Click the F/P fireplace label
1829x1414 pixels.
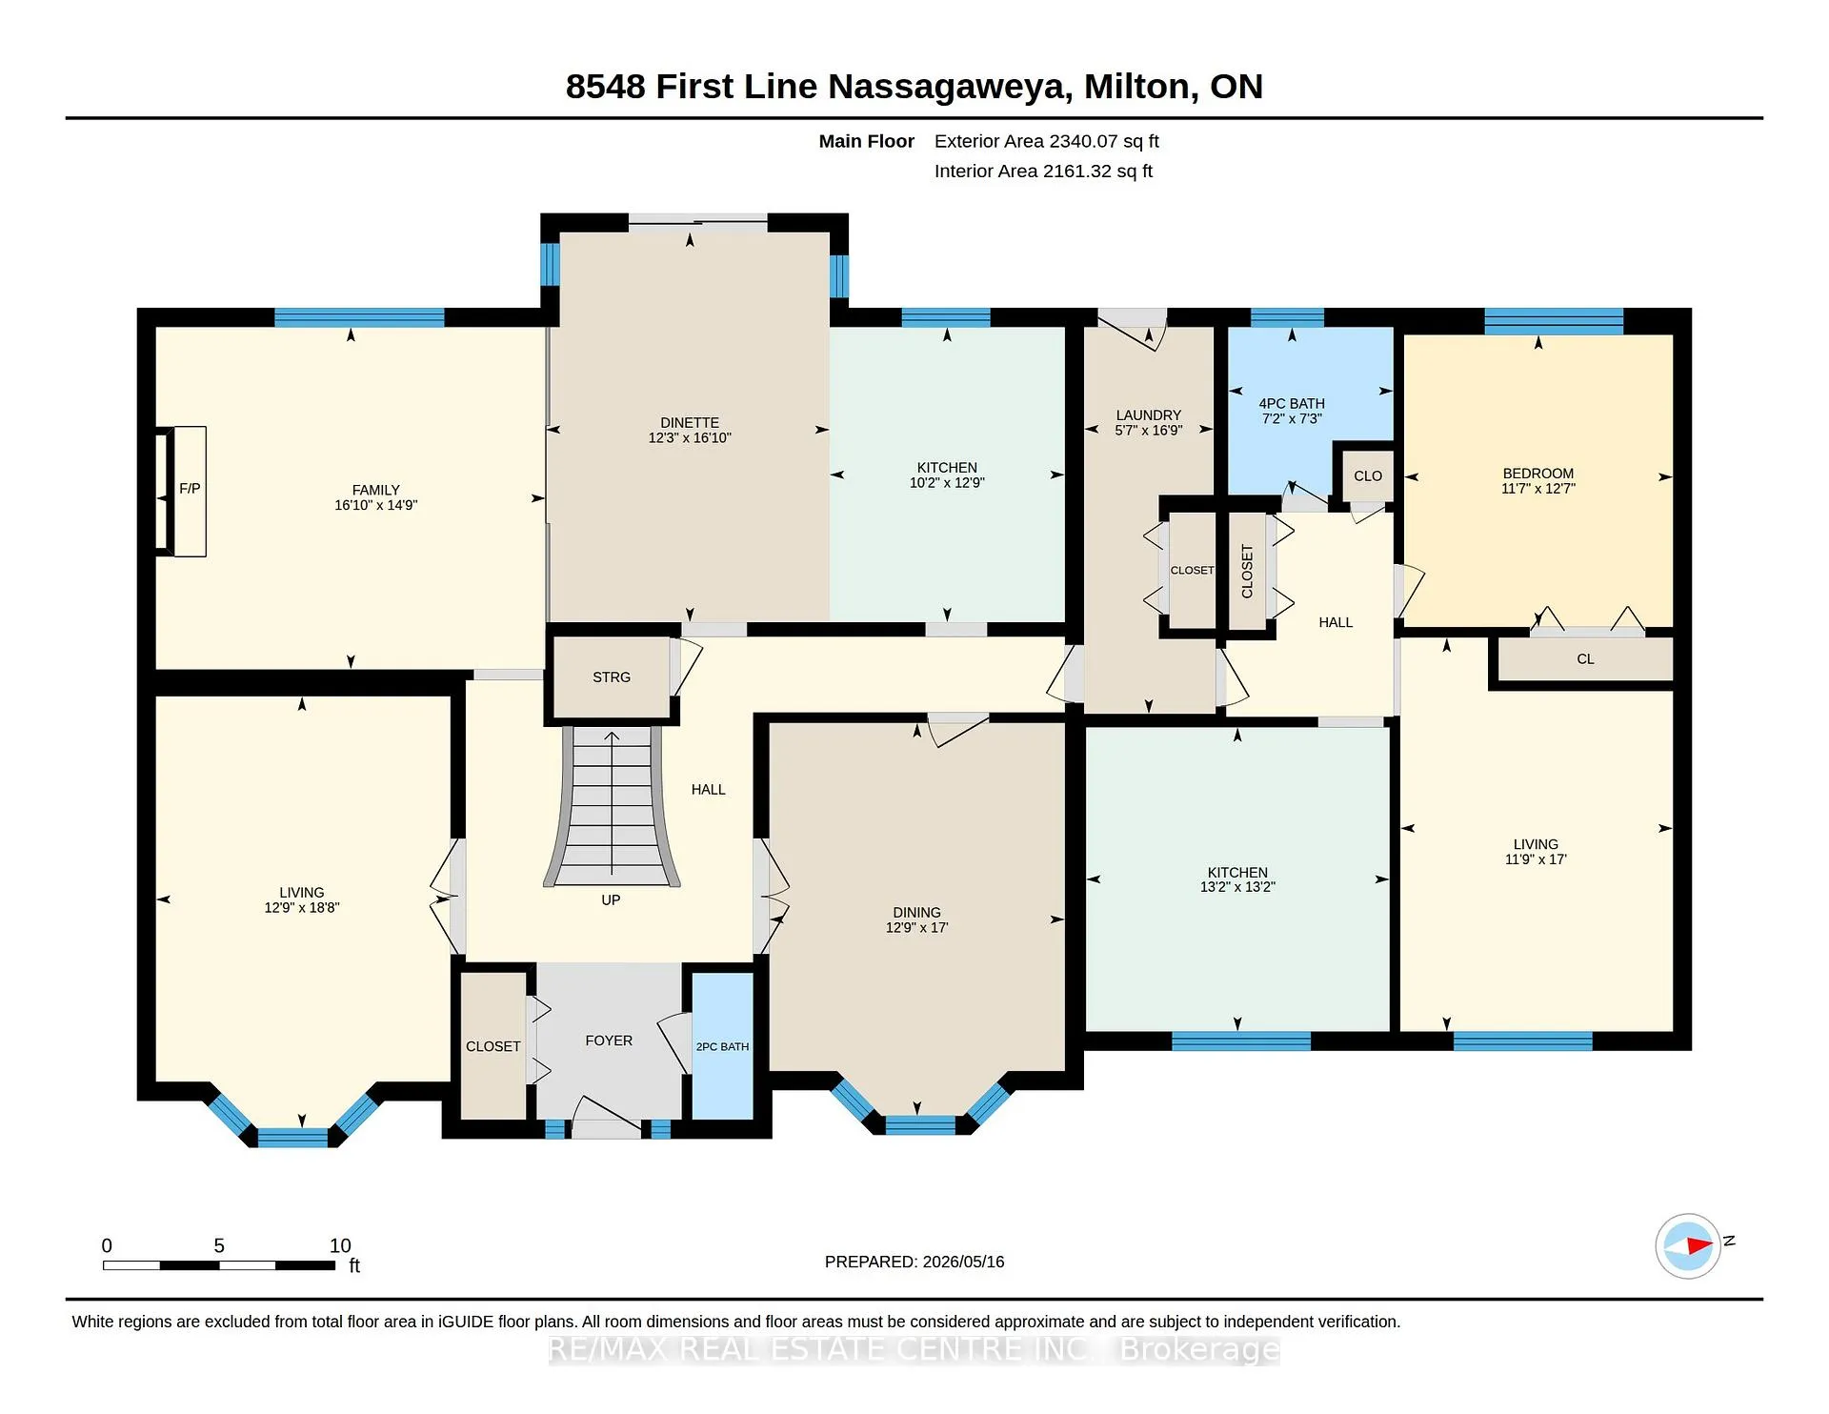[190, 489]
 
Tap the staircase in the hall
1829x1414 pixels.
[612, 806]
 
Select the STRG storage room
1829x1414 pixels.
[612, 677]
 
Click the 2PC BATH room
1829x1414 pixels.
[722, 1046]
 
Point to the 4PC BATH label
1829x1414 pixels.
[1292, 404]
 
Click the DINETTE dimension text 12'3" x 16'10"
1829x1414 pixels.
[690, 438]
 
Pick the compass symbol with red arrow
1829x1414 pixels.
[1689, 1245]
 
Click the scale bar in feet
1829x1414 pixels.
[219, 1265]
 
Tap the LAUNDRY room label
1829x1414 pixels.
[1149, 415]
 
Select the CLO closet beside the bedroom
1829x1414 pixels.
[1368, 476]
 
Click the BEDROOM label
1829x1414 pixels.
[1538, 474]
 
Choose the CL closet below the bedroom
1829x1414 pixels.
[1585, 659]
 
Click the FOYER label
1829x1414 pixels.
[609, 1040]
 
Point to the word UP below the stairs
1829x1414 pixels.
[611, 900]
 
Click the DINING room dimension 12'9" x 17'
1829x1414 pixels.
[916, 928]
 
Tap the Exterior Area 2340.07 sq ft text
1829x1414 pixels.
[1047, 141]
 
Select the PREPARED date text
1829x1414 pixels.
[914, 1262]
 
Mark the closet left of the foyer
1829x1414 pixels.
[493, 1046]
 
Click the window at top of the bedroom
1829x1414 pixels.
[1554, 321]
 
